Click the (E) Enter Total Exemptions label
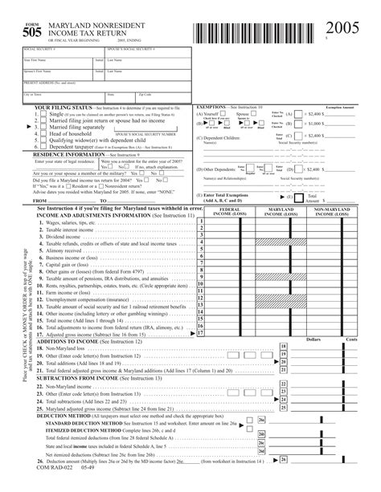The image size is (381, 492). tap(232, 197)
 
